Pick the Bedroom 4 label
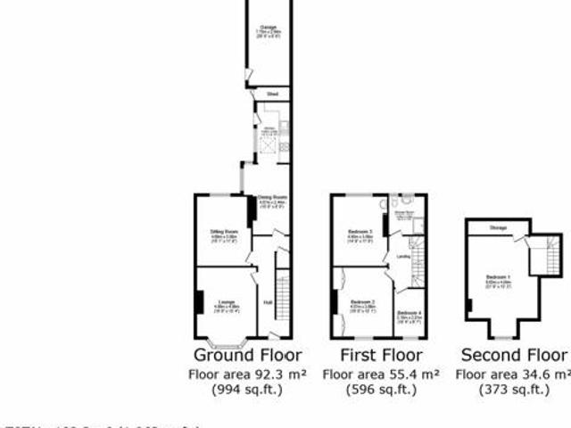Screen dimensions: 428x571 (x=410, y=312)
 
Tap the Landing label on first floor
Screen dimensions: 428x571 (x=403, y=256)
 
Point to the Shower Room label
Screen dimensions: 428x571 (x=403, y=212)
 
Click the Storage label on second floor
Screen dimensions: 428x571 (x=498, y=228)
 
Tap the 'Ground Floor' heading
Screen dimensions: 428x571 (x=248, y=355)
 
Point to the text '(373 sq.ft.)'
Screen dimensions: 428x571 (x=513, y=390)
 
